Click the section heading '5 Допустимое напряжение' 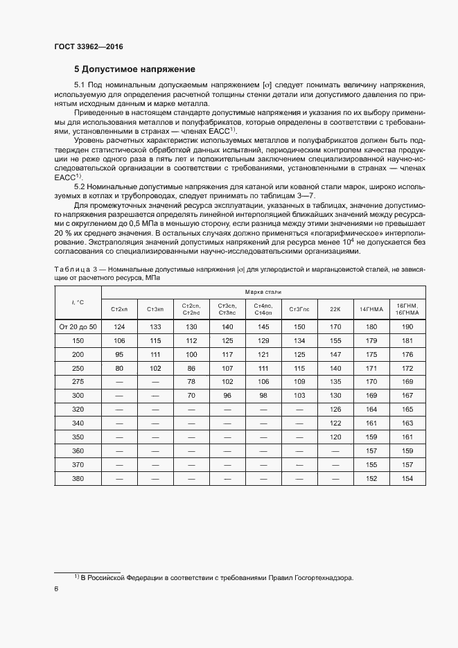coord(134,69)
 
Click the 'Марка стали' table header coord(263,292)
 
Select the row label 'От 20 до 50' coord(78,326)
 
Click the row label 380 coord(78,479)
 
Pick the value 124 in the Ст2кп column coord(119,326)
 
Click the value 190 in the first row coord(407,326)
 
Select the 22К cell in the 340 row coord(335,423)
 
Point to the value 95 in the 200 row coord(119,353)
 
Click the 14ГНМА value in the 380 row coord(371,479)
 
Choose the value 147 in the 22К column coord(335,353)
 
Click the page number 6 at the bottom coord(56,589)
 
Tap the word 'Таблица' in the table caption coord(71,268)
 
